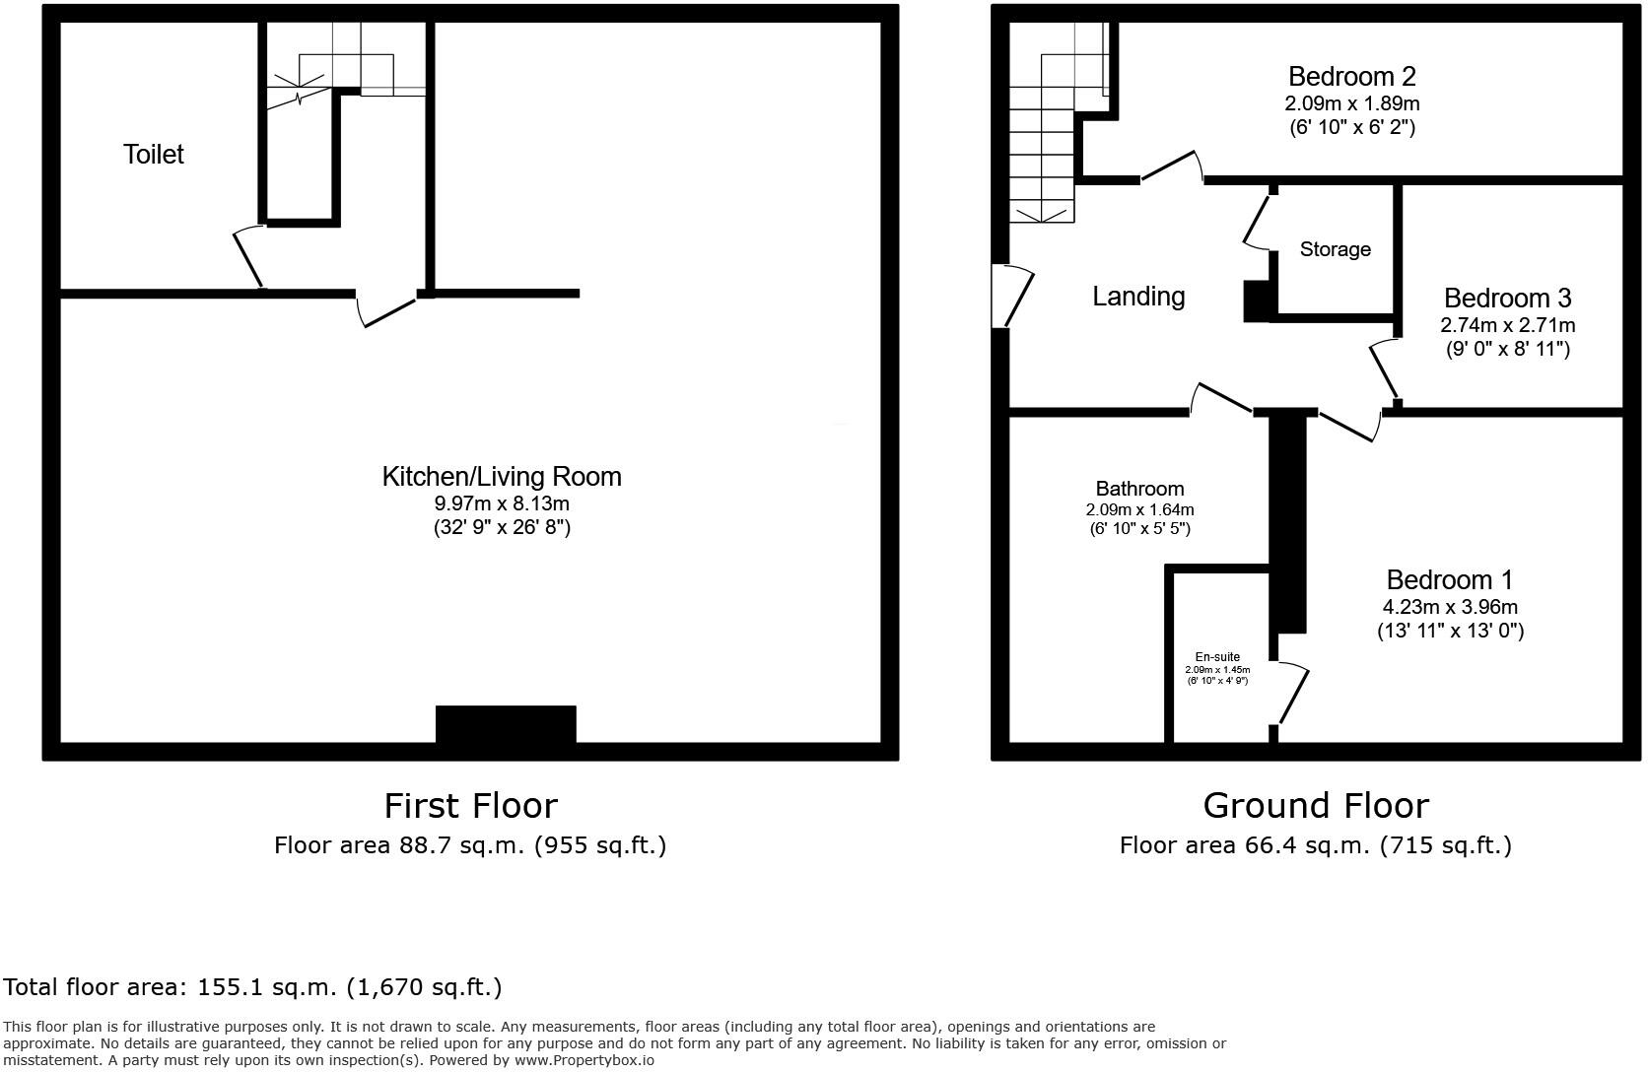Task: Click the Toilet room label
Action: (154, 155)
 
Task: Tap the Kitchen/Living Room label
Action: (502, 477)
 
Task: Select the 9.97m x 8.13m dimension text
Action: (502, 503)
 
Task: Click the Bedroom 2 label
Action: (1351, 76)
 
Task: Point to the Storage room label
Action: (1335, 249)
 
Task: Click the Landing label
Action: (1138, 297)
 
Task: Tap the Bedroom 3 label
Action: (1507, 298)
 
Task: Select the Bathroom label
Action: (1139, 489)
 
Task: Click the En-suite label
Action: (1217, 657)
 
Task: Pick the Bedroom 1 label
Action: (1449, 579)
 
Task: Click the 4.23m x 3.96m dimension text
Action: (1449, 607)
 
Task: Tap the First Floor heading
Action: (470, 806)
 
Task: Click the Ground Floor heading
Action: (1315, 806)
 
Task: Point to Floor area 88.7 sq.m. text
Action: (470, 845)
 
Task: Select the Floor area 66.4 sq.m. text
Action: (1315, 845)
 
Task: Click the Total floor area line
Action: (252, 987)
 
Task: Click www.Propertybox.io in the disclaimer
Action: (584, 1060)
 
